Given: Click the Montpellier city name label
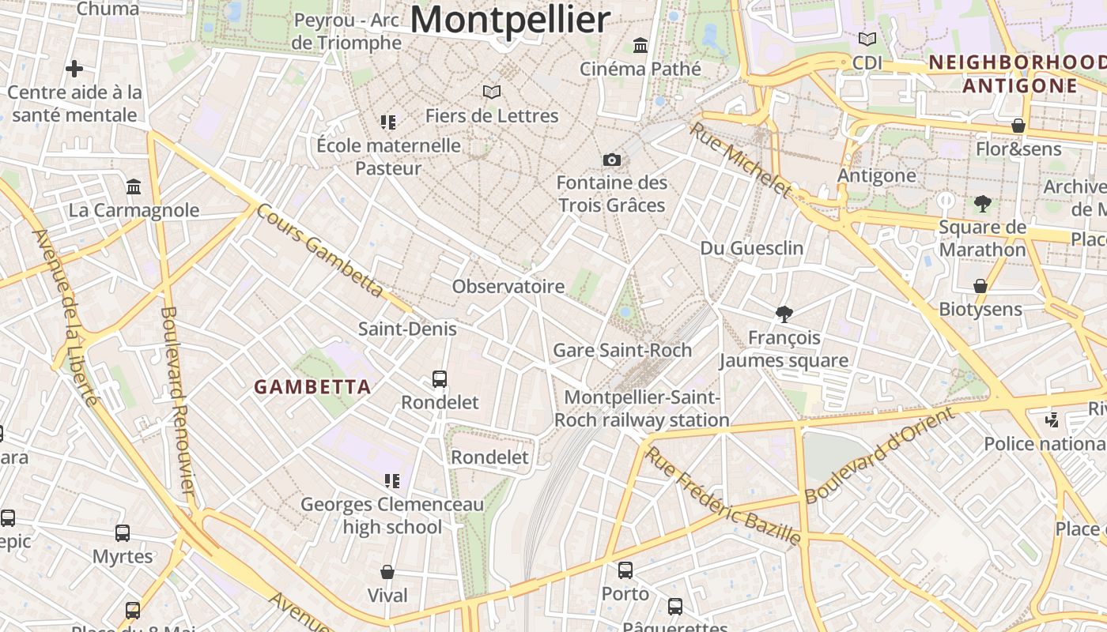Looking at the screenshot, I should pyautogui.click(x=510, y=19).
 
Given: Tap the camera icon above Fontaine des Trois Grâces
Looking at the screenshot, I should pyautogui.click(x=611, y=160).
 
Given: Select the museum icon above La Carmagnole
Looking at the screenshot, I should pyautogui.click(x=134, y=187).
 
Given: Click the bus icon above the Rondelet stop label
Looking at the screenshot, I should pyautogui.click(x=440, y=379).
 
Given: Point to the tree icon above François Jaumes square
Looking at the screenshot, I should pyautogui.click(x=784, y=314).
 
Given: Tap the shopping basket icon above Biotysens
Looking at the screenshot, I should pyautogui.click(x=980, y=286).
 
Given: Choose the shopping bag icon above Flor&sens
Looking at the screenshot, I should pyautogui.click(x=1018, y=126).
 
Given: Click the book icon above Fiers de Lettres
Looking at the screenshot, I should pyautogui.click(x=492, y=92).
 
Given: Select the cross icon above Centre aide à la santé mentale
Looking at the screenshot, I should pyautogui.click(x=74, y=69).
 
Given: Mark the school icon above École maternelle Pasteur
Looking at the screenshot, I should pyautogui.click(x=388, y=122).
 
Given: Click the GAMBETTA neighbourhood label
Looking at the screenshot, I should pyautogui.click(x=312, y=386).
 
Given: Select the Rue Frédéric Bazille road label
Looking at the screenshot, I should pyautogui.click(x=723, y=497).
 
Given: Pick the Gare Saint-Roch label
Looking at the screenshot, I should pyautogui.click(x=622, y=350).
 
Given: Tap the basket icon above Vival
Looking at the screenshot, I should pyautogui.click(x=387, y=572).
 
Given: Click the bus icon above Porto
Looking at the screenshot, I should pyautogui.click(x=625, y=570).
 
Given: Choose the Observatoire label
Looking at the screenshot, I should pyautogui.click(x=508, y=286).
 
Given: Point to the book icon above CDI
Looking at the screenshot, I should pyautogui.click(x=867, y=39).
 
